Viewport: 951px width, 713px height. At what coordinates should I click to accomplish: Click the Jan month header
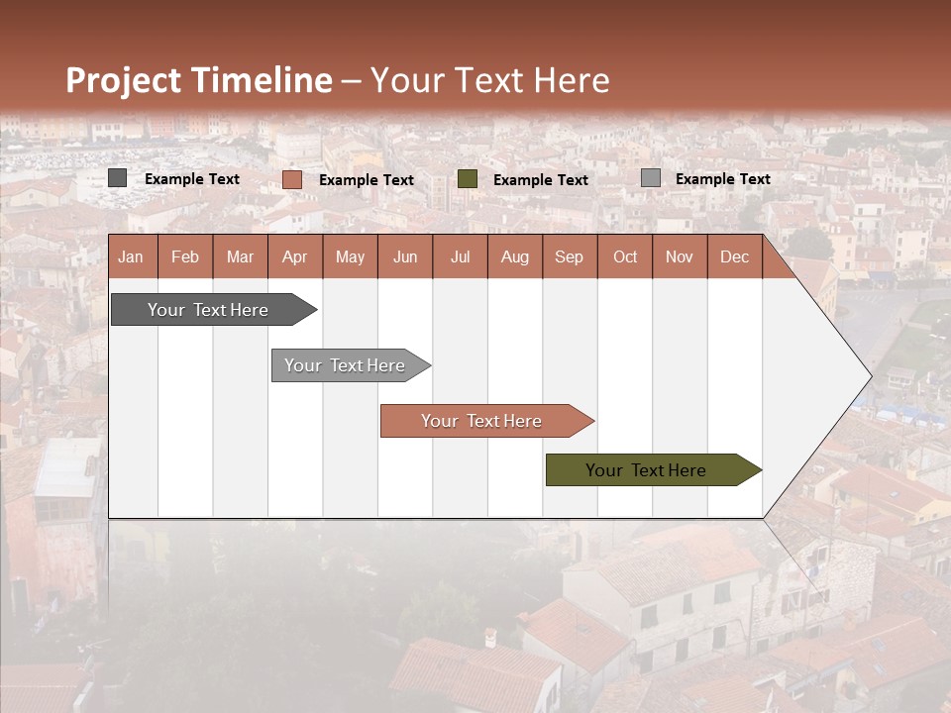(x=131, y=257)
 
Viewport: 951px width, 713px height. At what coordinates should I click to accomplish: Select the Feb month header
(x=185, y=257)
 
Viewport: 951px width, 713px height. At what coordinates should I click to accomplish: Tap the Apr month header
(x=295, y=257)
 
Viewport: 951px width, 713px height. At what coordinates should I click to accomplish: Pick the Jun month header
(x=405, y=257)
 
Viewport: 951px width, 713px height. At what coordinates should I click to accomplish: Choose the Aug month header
(x=515, y=257)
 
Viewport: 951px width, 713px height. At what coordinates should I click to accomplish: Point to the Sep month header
(x=570, y=257)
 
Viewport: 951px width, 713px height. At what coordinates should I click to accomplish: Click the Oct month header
(x=625, y=257)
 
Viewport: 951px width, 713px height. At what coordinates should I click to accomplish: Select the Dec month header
(x=735, y=257)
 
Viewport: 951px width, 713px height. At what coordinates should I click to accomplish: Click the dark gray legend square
(x=118, y=178)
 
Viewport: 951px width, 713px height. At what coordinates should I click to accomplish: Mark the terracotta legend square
(x=292, y=179)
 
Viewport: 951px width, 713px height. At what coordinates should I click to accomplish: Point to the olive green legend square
(x=468, y=179)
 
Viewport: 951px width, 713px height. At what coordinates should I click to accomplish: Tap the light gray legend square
(x=651, y=178)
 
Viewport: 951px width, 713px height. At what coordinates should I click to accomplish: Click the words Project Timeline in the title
(x=199, y=80)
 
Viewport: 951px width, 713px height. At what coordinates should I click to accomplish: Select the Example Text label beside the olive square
(x=541, y=180)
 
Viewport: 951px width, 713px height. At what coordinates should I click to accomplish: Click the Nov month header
(x=680, y=257)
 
